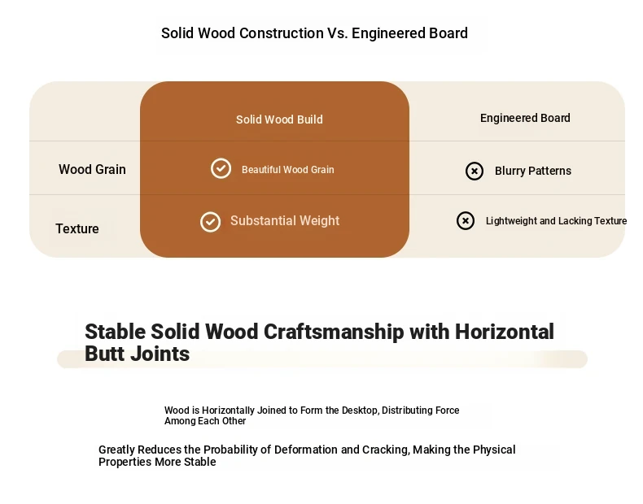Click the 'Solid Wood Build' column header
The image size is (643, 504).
279,119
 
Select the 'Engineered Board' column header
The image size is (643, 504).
525,118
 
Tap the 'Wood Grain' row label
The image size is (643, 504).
92,170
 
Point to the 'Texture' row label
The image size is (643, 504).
77,228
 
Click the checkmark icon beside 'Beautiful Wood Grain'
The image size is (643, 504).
221,168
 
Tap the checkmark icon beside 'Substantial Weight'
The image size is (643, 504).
210,222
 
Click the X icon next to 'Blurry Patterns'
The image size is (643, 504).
475,172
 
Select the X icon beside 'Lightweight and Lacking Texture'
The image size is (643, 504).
466,220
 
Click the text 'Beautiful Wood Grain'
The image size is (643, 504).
288,170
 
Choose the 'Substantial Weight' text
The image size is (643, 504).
285,220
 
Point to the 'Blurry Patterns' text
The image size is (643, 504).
533,171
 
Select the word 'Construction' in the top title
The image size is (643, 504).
282,33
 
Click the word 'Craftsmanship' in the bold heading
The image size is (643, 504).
334,332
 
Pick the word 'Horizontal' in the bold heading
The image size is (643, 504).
505,332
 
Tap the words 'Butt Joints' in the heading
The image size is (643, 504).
138,354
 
